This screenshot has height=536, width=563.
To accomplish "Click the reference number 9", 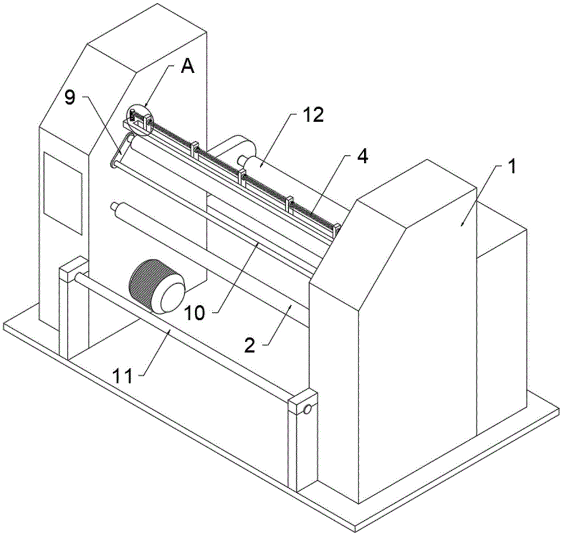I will pos(69,97).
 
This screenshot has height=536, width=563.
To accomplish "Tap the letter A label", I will pos(187,68).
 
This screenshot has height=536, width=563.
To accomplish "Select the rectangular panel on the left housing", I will pos(63,192).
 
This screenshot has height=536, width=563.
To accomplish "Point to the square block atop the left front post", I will pos(73,269).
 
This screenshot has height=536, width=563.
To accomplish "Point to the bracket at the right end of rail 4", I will pos(337,229).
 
